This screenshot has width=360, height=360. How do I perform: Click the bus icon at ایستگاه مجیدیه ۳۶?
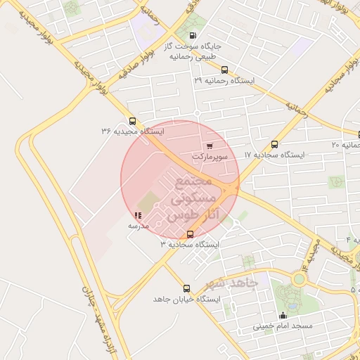[132, 120]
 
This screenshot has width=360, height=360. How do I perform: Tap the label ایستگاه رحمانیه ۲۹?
[224, 81]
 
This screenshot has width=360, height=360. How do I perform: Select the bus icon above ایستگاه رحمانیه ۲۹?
[224, 70]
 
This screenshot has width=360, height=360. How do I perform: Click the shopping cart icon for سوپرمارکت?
[210, 146]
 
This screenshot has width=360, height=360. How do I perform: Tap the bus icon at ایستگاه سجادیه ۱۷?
[274, 143]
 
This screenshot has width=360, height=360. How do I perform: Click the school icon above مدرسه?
[137, 216]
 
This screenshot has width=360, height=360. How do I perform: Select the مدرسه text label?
[138, 226]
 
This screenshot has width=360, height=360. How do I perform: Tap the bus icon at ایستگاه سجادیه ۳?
[190, 234]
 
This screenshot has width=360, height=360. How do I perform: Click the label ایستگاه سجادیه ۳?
[190, 245]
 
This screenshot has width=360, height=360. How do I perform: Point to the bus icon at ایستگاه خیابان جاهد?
[186, 288]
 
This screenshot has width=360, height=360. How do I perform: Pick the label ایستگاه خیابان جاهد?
[186, 299]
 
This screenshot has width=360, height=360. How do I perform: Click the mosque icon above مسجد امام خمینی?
[283, 316]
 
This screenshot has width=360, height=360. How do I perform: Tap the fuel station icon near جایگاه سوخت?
[193, 35]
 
